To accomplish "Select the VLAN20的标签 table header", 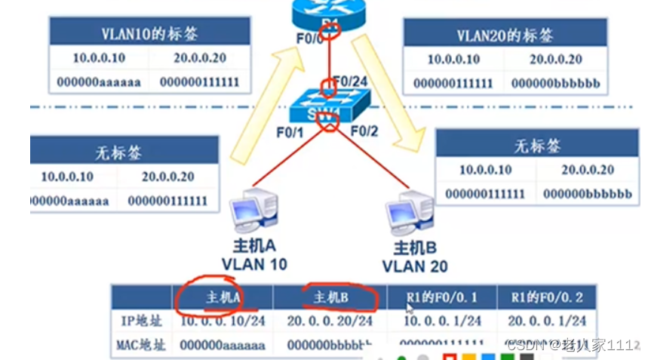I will pos(505,35).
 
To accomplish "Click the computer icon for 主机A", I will pos(253,212).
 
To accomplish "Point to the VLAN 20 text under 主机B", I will pos(414,266).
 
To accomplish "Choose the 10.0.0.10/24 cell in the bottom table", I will pos(223,321).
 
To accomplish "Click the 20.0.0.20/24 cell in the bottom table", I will pos(330,321).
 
